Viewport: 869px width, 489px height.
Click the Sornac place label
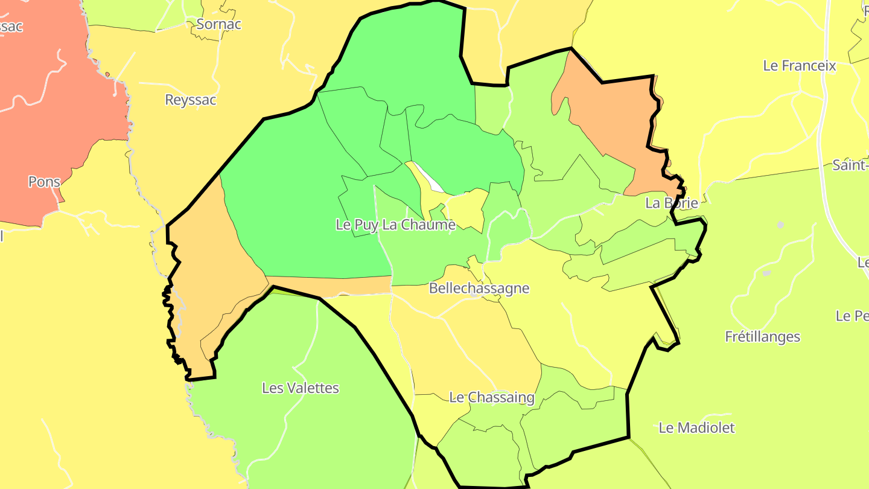click(x=219, y=24)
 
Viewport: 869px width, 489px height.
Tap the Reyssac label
click(x=191, y=100)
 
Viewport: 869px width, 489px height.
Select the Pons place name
click(x=44, y=182)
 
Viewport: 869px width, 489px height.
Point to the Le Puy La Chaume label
click(x=395, y=225)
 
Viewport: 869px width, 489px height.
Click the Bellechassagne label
click(x=479, y=288)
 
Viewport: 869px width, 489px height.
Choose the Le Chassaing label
click(x=492, y=397)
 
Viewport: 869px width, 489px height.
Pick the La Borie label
click(x=672, y=203)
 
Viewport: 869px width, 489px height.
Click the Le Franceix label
click(x=800, y=66)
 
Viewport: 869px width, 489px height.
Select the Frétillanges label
click(x=763, y=336)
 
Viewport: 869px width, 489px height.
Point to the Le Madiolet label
click(x=697, y=428)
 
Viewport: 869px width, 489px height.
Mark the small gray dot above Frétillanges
click(x=780, y=225)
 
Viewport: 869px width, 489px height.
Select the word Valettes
click(x=317, y=388)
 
